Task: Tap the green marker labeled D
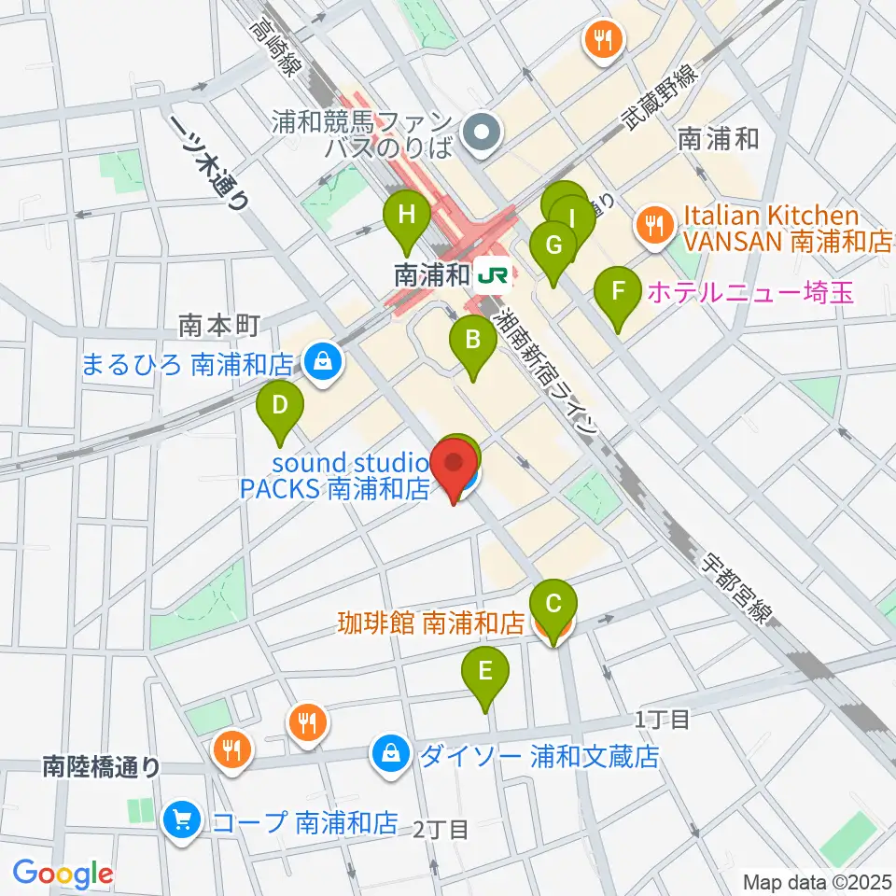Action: click(279, 407)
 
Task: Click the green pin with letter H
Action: click(407, 217)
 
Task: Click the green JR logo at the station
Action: click(492, 275)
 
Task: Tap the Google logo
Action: click(63, 875)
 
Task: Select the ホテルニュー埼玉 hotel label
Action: click(749, 293)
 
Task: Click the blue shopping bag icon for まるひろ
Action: click(322, 363)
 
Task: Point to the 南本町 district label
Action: click(217, 325)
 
